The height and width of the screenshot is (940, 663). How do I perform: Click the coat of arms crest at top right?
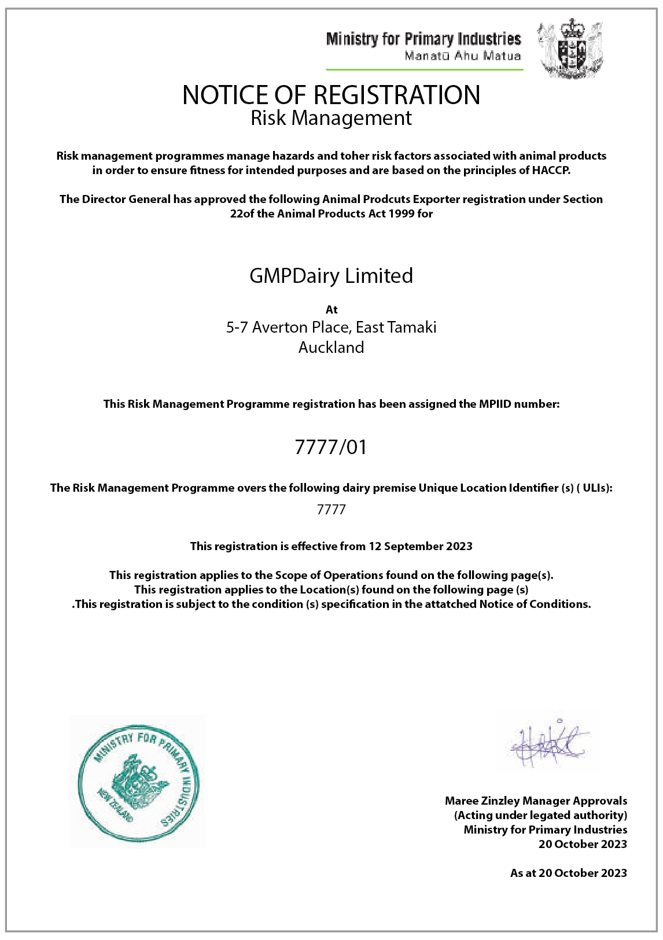[x=570, y=49]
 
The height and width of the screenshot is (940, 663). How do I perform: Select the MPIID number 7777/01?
[x=331, y=447]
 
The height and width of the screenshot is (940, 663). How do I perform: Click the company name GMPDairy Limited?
[x=331, y=275]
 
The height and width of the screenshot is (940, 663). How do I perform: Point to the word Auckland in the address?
[x=331, y=347]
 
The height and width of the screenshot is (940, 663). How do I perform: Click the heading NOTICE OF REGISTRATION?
[x=331, y=95]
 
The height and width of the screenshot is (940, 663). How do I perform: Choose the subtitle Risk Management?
[x=331, y=118]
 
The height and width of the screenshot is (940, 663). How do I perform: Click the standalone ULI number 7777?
[x=331, y=510]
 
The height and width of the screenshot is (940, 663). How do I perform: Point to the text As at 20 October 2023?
[x=568, y=873]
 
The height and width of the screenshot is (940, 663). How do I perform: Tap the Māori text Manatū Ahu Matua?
[x=462, y=56]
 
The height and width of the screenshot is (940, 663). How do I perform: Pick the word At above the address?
[x=331, y=309]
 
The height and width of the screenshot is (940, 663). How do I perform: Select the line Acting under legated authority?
[x=540, y=815]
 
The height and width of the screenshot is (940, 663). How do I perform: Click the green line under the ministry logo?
[x=425, y=70]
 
